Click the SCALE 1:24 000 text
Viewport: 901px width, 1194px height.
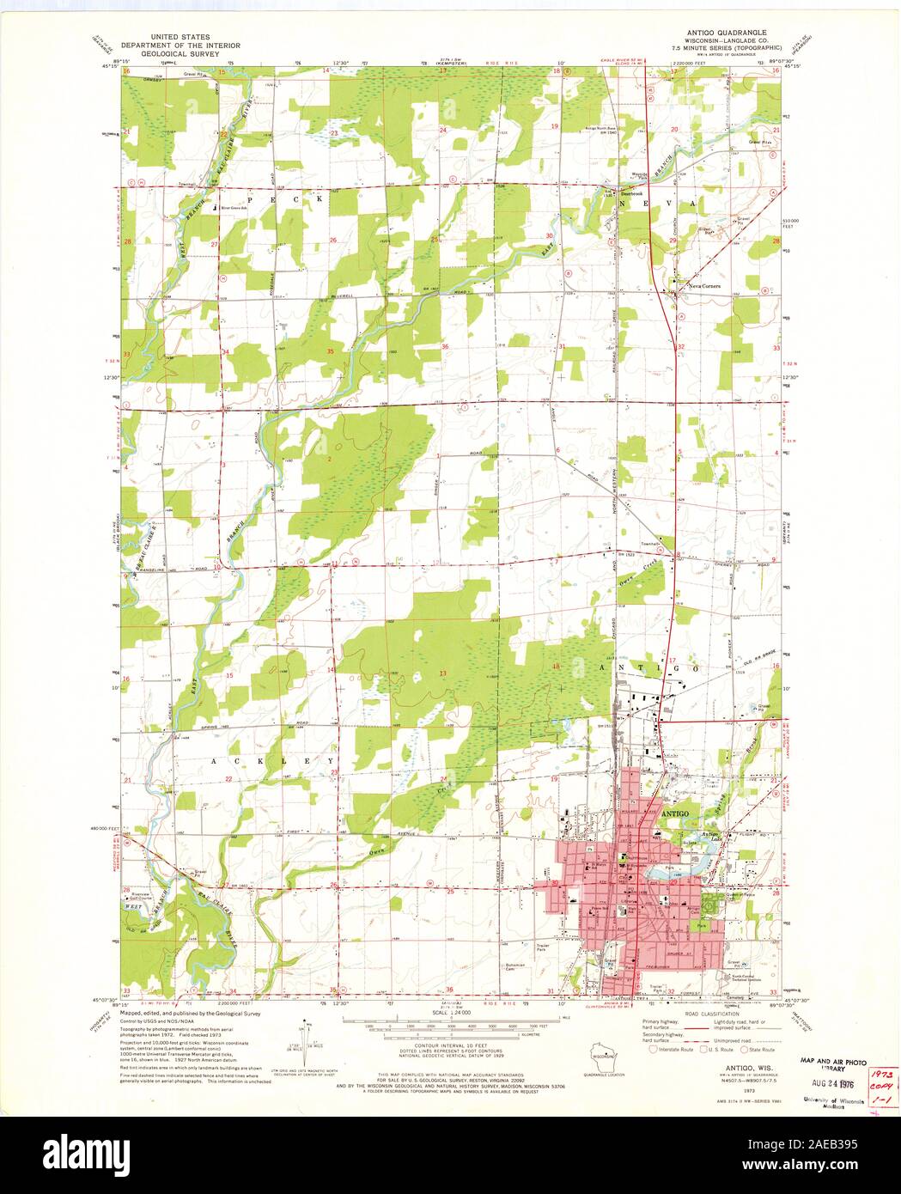tap(455, 1013)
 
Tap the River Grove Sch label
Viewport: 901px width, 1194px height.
tap(235, 207)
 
